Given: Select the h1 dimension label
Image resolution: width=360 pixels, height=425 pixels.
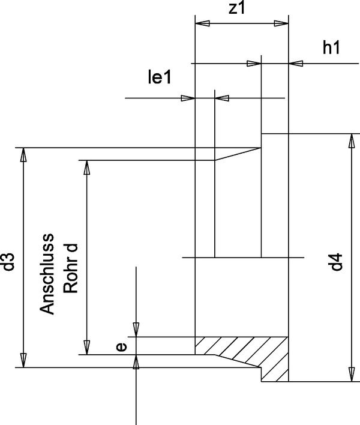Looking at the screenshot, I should pyautogui.click(x=331, y=49).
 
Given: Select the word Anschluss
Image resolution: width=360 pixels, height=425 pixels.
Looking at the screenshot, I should pyautogui.click(x=48, y=273).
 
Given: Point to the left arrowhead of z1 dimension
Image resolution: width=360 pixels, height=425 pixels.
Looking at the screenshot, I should pyautogui.click(x=203, y=23).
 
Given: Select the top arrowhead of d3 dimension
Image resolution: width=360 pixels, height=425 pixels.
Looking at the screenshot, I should pyautogui.click(x=23, y=154).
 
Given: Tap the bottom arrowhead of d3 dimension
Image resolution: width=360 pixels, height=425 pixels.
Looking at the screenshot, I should pyautogui.click(x=23, y=360).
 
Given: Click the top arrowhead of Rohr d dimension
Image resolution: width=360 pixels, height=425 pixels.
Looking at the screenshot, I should pyautogui.click(x=86, y=167).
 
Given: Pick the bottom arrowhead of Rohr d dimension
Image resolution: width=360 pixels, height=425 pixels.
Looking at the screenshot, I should pyautogui.click(x=86, y=347).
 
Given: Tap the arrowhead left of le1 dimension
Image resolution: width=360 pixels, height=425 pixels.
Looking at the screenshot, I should pyautogui.click(x=188, y=98).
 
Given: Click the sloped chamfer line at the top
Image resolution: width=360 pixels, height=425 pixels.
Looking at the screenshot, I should pyautogui.click(x=238, y=154).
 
